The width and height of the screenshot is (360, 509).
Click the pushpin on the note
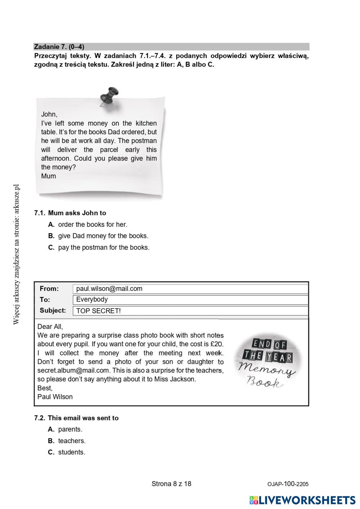[x=109, y=95]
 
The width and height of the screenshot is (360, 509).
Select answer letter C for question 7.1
[x=51, y=248]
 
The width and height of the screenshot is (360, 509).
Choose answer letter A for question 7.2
[x=51, y=429]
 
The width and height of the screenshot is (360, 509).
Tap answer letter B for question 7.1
[x=51, y=236]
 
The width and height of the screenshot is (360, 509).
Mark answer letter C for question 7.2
[x=51, y=452]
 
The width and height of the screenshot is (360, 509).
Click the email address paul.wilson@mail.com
[x=109, y=289]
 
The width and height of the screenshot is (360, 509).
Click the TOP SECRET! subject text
[x=98, y=311]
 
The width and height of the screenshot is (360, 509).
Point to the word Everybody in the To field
[x=92, y=299]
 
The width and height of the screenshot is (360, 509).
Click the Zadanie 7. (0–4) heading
[x=59, y=47]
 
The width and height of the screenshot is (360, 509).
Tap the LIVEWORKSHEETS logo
[x=302, y=500]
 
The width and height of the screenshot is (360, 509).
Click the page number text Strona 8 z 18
[x=171, y=484]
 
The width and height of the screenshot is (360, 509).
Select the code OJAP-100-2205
[x=288, y=484]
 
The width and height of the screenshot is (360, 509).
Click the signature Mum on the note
[x=48, y=176]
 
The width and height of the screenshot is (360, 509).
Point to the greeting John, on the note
[x=49, y=114]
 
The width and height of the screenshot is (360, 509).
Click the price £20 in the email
[x=216, y=344]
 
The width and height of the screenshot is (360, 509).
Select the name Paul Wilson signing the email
[x=55, y=397]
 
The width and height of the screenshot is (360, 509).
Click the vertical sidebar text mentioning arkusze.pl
[x=16, y=254]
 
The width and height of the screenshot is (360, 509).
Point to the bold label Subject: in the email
[x=53, y=310]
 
